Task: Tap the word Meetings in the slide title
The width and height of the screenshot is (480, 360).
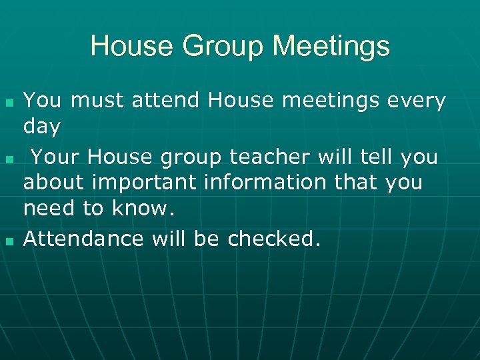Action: [331, 47]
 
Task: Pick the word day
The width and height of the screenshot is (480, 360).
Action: [42, 125]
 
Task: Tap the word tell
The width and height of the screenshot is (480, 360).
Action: [379, 158]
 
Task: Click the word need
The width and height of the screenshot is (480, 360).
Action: [49, 209]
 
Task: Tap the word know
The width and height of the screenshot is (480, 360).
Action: [141, 209]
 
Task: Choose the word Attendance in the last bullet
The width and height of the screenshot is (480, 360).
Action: [83, 239]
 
